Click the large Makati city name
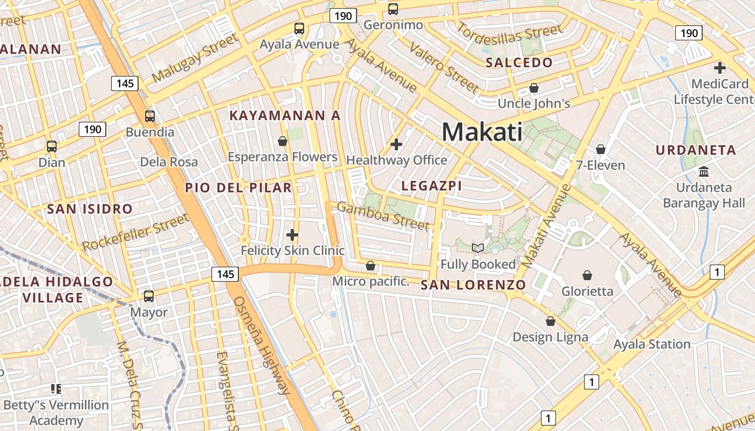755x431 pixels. click(482, 132)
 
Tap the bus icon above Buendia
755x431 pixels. click(150, 116)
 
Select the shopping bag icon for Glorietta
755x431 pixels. click(587, 275)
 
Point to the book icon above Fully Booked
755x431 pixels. click(478, 248)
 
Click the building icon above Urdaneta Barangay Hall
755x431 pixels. click(704, 172)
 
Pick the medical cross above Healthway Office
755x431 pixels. click(396, 144)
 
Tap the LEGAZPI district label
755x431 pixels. click(432, 186)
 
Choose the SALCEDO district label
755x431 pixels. click(519, 62)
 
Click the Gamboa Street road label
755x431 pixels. click(383, 215)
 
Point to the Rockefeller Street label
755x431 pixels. click(135, 232)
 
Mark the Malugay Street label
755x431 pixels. click(195, 58)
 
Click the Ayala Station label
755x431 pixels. click(651, 344)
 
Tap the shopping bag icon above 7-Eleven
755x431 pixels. click(601, 149)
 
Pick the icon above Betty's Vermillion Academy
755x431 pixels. click(56, 388)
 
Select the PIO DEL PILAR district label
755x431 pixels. click(238, 188)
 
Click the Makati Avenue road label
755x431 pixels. click(546, 226)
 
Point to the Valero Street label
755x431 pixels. click(444, 67)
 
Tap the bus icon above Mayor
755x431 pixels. click(149, 296)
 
